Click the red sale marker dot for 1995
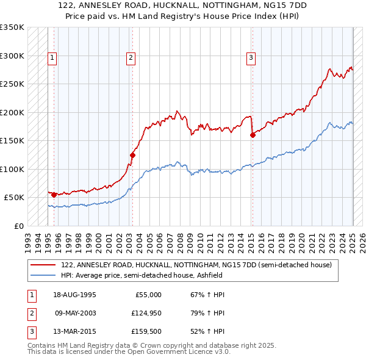[x=54, y=195]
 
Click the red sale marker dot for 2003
[x=132, y=155]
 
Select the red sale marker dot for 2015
[x=253, y=135]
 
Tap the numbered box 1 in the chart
[x=52, y=58]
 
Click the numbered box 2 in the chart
[x=131, y=58]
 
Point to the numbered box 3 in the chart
[x=251, y=58]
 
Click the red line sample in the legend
[x=43, y=265]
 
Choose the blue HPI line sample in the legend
[x=43, y=275]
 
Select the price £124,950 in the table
[x=145, y=314]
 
